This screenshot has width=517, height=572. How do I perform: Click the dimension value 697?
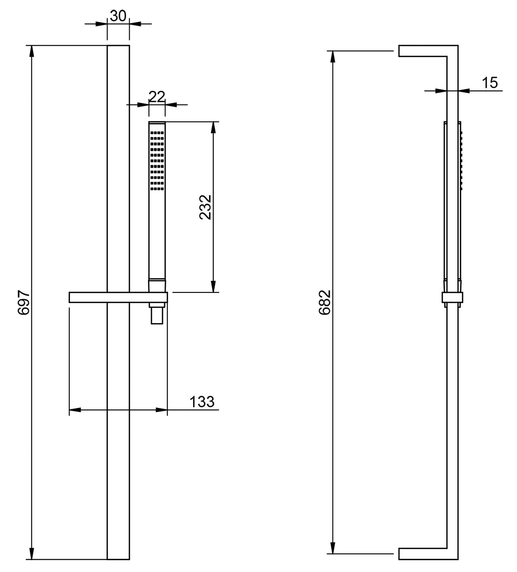24,302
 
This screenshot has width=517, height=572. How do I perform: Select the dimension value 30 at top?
118,16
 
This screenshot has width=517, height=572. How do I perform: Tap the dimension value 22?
157,97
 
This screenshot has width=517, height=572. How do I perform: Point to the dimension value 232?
206,207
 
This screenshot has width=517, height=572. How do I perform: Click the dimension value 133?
202,401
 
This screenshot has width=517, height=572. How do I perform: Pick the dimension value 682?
325,302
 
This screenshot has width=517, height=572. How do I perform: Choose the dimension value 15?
490,83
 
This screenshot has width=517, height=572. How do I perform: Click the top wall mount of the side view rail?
422,51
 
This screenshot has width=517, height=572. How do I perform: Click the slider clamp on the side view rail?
453,298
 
